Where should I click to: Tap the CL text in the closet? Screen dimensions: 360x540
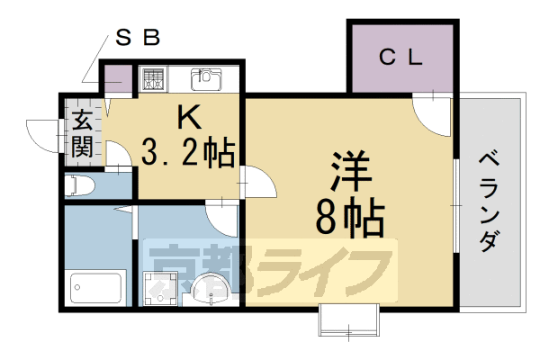[x=400, y=58]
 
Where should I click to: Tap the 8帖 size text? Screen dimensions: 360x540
[x=349, y=216]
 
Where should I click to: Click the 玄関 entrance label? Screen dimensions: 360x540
[x=82, y=132]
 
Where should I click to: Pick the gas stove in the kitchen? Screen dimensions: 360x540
[x=151, y=79]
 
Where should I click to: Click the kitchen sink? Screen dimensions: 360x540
[x=206, y=79]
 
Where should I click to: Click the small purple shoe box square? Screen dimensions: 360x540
[x=115, y=79]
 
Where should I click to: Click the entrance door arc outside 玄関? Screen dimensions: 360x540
[x=43, y=135]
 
